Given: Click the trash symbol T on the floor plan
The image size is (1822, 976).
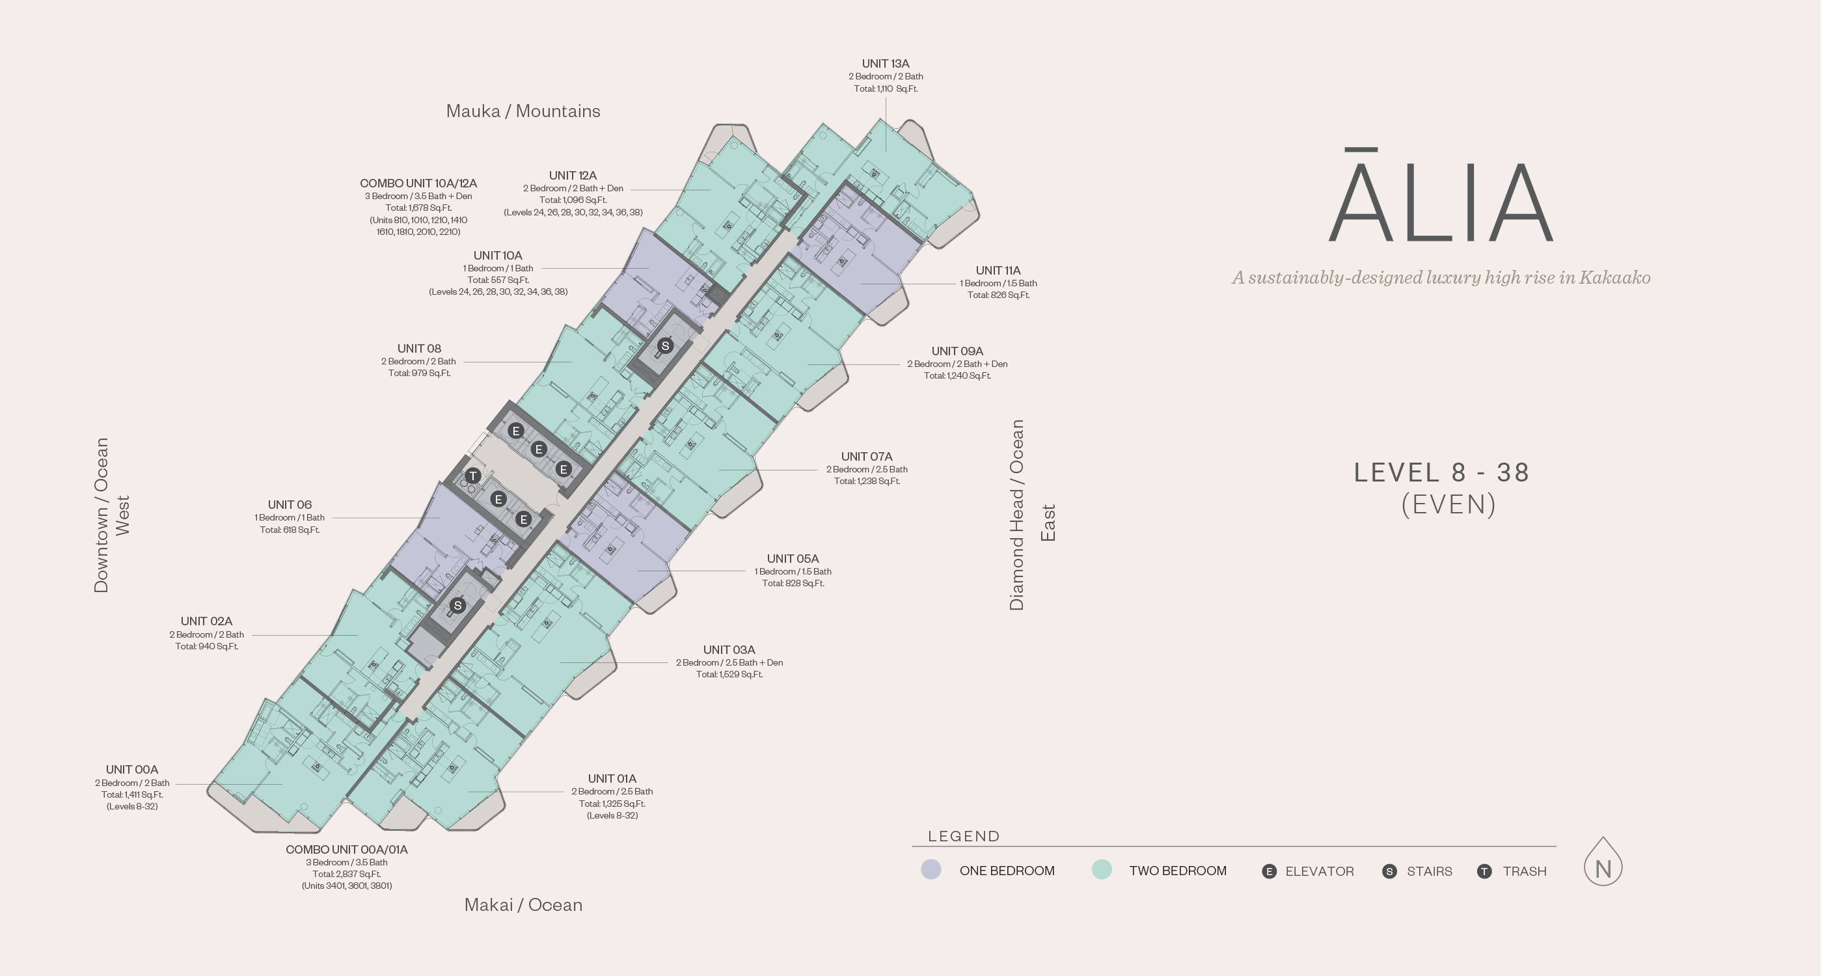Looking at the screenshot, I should tap(473, 476).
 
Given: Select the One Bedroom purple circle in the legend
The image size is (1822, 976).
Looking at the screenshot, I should tap(931, 870).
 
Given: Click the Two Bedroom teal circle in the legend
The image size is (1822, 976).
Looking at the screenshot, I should tap(1101, 870).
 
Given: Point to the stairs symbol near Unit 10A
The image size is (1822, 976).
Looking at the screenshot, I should tap(665, 346).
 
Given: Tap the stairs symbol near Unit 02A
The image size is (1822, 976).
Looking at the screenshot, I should tap(457, 605).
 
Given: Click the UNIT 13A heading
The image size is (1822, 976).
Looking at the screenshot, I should tap(886, 64).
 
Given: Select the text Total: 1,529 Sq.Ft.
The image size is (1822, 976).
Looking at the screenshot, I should tap(729, 675).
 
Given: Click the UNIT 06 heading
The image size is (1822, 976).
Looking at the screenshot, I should tap(290, 505).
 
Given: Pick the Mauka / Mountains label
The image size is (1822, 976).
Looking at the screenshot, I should tap(523, 111).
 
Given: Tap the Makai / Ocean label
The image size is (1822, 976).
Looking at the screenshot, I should tap(523, 904).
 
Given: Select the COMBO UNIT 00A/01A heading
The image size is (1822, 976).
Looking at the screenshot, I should tap(347, 849).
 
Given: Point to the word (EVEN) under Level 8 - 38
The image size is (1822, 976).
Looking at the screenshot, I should tap(1448, 505).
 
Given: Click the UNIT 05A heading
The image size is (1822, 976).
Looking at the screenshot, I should tap(792, 559).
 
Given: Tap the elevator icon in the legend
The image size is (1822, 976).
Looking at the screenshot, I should tap(1269, 871).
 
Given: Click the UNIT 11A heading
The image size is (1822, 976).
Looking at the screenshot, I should tap(998, 270).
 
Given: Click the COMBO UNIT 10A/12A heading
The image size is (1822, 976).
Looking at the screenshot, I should tap(418, 183).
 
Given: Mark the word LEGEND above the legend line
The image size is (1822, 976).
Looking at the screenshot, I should tap(963, 837).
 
